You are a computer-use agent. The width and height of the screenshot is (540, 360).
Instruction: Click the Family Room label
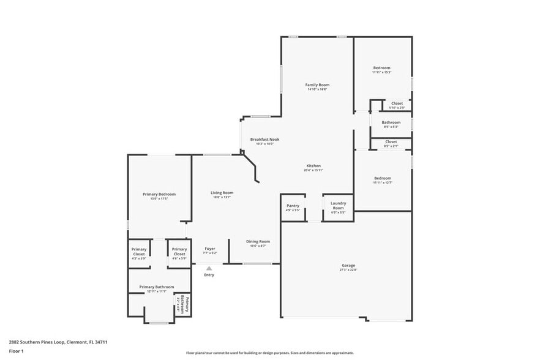[317, 84]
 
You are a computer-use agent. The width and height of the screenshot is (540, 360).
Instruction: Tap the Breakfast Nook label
[264, 140]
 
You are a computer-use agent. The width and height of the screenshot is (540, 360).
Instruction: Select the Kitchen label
[313, 166]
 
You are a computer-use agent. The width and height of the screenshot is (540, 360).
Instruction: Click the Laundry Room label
[338, 206]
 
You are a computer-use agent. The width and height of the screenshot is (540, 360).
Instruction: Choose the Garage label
[348, 266]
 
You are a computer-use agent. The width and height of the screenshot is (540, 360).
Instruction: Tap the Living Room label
[222, 193]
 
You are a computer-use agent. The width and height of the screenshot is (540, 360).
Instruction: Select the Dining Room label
[258, 241]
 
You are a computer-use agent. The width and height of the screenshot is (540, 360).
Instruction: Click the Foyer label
[209, 249]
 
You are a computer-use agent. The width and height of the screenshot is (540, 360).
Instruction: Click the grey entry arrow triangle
[209, 268]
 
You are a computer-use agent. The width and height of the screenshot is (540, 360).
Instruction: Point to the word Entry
[209, 275]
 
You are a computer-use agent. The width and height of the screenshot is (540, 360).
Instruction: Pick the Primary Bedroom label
[159, 194]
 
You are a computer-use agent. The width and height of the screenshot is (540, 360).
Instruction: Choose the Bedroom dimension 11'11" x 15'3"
[381, 72]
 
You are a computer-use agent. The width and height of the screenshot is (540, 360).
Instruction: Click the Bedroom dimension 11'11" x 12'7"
[382, 182]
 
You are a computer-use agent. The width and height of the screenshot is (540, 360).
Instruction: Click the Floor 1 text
[16, 351]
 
